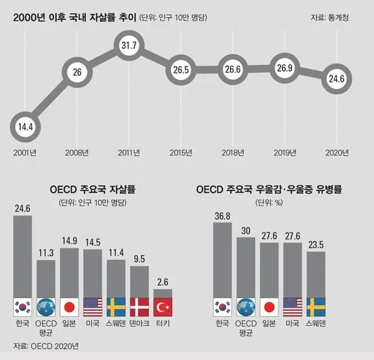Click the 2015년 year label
(x=181, y=153)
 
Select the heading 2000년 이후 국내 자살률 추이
(x=75, y=18)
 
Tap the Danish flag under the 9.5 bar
(x=139, y=306)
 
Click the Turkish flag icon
(x=162, y=306)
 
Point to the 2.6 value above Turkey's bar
(x=162, y=282)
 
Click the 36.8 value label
(x=222, y=217)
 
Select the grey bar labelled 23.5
(x=315, y=274)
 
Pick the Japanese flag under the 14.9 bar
(x=70, y=306)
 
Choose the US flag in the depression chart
(x=292, y=306)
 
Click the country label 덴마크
(x=139, y=323)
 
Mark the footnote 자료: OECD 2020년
(x=47, y=346)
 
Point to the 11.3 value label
(x=46, y=253)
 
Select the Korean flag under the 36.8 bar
(x=222, y=306)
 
